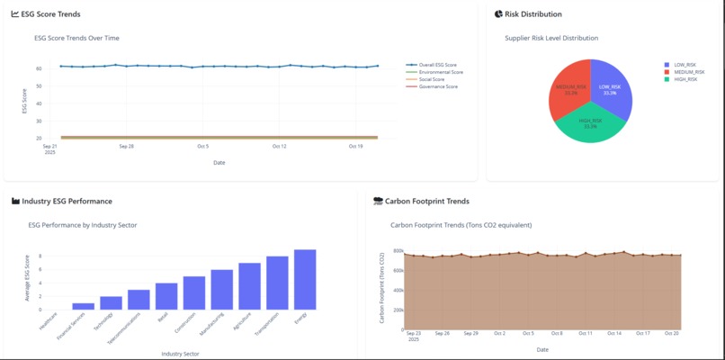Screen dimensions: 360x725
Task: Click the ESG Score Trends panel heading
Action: click(x=53, y=14)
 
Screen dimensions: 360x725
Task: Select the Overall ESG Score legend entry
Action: click(x=438, y=65)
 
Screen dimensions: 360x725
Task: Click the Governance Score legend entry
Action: click(x=438, y=86)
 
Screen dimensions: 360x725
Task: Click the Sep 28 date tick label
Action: click(x=126, y=146)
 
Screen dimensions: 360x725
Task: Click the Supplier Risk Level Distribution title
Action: click(x=551, y=38)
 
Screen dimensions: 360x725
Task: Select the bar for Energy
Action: click(x=305, y=279)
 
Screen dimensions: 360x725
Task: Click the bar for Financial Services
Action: click(x=84, y=306)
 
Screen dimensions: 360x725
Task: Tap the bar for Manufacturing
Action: click(x=221, y=289)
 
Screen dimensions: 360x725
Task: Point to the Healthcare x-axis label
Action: click(x=49, y=320)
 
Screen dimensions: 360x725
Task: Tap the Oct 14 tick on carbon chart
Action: click(x=614, y=333)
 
